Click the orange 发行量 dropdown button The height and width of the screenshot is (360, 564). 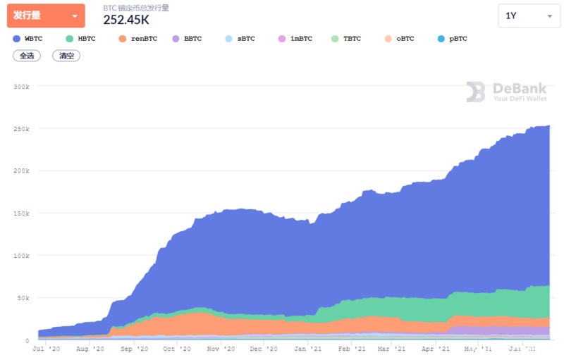(46, 15)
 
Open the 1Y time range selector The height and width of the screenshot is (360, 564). (529, 15)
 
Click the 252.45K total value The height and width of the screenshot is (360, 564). (126, 20)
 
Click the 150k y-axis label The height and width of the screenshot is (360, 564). (22, 213)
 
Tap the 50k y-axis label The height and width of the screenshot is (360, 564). (23, 298)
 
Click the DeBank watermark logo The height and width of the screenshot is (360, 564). (506, 92)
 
